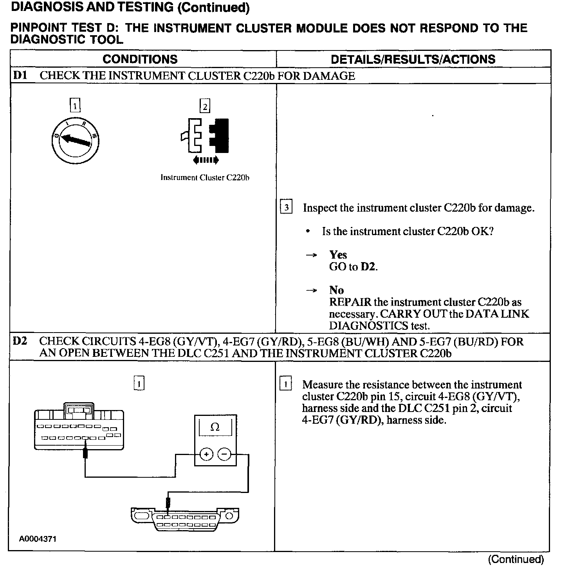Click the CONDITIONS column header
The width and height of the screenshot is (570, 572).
[140, 59]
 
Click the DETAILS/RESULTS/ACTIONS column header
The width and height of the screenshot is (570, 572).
[413, 59]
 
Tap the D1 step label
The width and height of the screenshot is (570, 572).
[20, 75]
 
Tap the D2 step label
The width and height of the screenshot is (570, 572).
[20, 341]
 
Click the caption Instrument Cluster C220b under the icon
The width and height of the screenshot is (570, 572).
[205, 178]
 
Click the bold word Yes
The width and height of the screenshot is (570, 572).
[338, 255]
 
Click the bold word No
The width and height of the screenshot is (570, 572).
[336, 290]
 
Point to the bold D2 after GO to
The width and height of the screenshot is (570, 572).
[368, 267]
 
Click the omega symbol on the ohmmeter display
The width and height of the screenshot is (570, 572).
[215, 427]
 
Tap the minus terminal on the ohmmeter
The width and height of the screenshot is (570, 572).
[224, 454]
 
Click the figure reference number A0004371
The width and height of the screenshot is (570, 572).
[38, 539]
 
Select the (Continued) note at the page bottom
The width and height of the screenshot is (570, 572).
[516, 559]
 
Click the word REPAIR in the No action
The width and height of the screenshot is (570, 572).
[350, 302]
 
